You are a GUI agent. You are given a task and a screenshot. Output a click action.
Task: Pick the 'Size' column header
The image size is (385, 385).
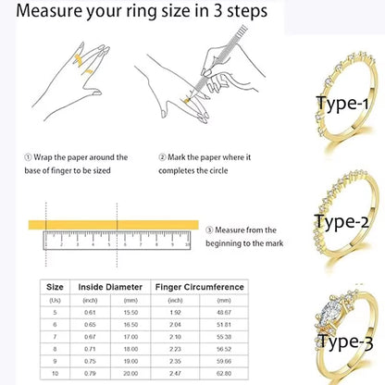click(55, 288)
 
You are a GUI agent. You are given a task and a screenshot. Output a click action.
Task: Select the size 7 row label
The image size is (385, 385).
click(55, 335)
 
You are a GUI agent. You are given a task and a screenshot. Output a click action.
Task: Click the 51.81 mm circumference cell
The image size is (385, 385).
click(221, 323)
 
